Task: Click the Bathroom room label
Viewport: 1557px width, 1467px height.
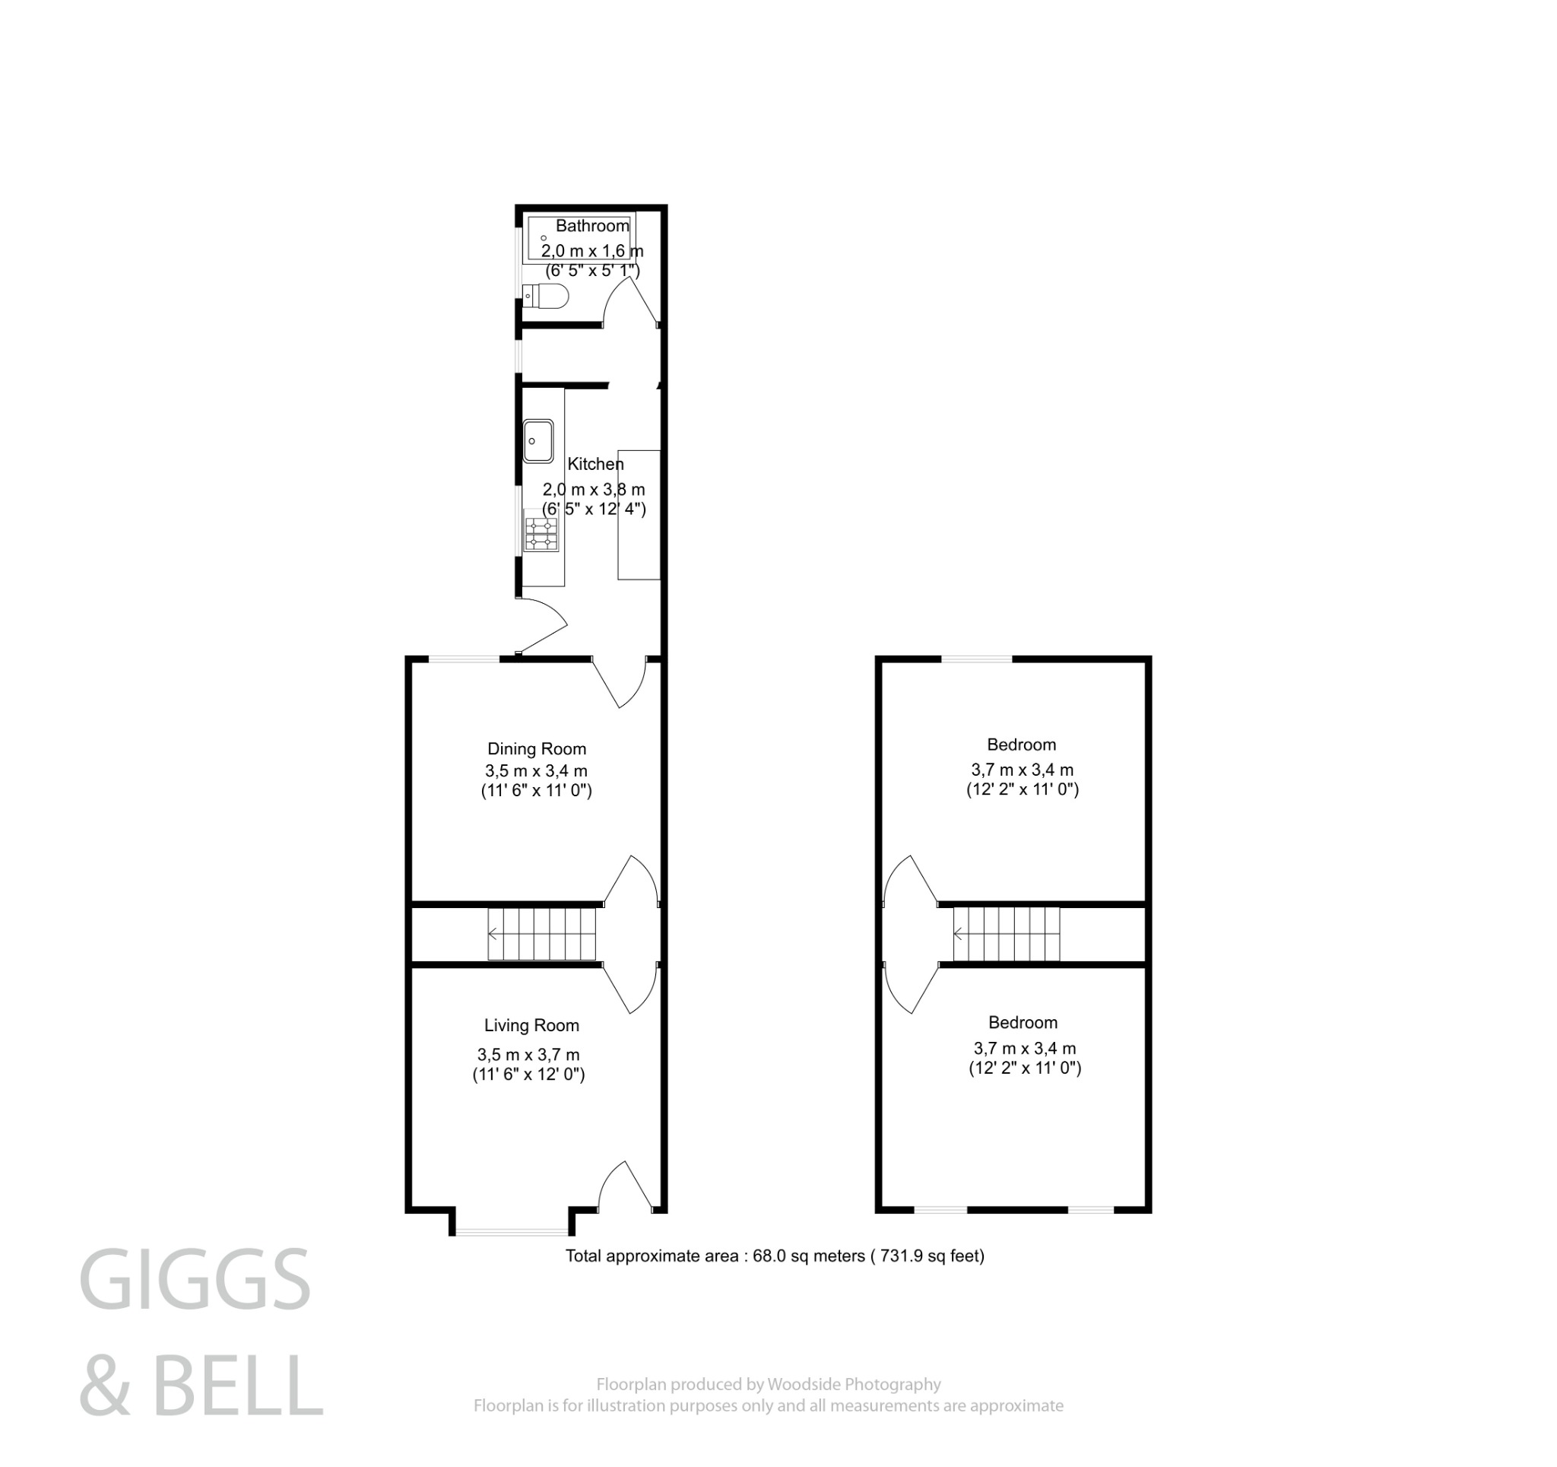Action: [592, 226]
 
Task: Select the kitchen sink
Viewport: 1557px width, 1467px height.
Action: [538, 440]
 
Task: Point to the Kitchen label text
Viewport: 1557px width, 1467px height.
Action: [595, 464]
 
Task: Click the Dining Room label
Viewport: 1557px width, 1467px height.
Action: [537, 748]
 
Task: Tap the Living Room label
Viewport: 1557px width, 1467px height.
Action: [531, 1025]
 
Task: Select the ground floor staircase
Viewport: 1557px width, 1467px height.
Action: [542, 933]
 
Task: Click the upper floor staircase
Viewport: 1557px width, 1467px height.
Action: [1007, 933]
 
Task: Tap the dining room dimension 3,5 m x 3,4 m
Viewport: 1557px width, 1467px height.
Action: [536, 770]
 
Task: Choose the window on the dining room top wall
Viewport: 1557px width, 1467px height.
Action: [464, 659]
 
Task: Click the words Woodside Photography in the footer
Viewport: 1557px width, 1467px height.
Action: [854, 1385]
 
